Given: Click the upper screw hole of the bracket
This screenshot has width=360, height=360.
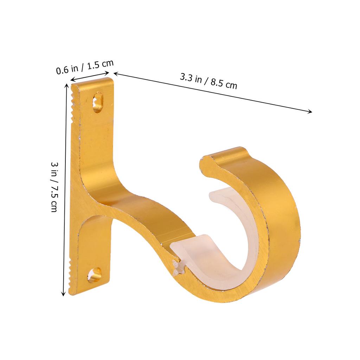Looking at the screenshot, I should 98,102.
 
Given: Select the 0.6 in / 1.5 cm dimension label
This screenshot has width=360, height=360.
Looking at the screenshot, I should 85,65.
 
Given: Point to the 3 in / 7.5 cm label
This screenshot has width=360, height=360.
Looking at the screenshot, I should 54,187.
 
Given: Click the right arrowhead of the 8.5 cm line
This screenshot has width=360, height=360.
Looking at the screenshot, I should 310,112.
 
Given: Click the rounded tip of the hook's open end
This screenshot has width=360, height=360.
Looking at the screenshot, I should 206,164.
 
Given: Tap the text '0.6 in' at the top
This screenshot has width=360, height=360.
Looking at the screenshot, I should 67,69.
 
